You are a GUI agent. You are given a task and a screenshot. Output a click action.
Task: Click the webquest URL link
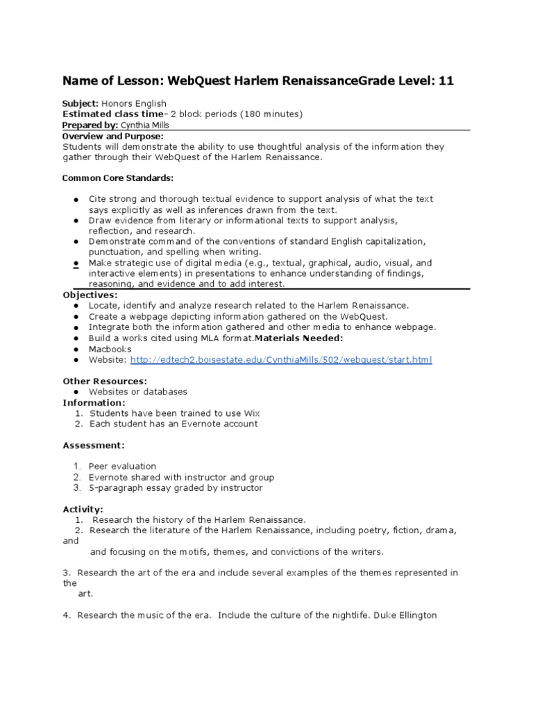click(280, 360)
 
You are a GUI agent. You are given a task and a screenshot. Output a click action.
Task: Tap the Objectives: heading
click(90, 295)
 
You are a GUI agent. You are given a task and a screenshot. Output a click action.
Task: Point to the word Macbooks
click(110, 349)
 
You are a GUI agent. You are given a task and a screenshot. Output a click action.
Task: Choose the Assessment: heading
click(94, 445)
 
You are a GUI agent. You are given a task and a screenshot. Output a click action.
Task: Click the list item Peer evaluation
click(122, 466)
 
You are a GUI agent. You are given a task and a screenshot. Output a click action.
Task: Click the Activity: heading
click(83, 509)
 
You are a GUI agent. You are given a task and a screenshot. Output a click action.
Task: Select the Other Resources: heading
click(105, 381)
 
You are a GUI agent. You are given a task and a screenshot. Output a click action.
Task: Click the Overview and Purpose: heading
click(113, 137)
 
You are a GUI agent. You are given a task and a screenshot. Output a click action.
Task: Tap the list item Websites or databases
click(138, 392)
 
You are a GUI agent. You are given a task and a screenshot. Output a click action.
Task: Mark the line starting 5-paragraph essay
click(176, 487)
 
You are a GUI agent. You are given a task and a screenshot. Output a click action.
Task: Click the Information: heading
click(94, 403)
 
